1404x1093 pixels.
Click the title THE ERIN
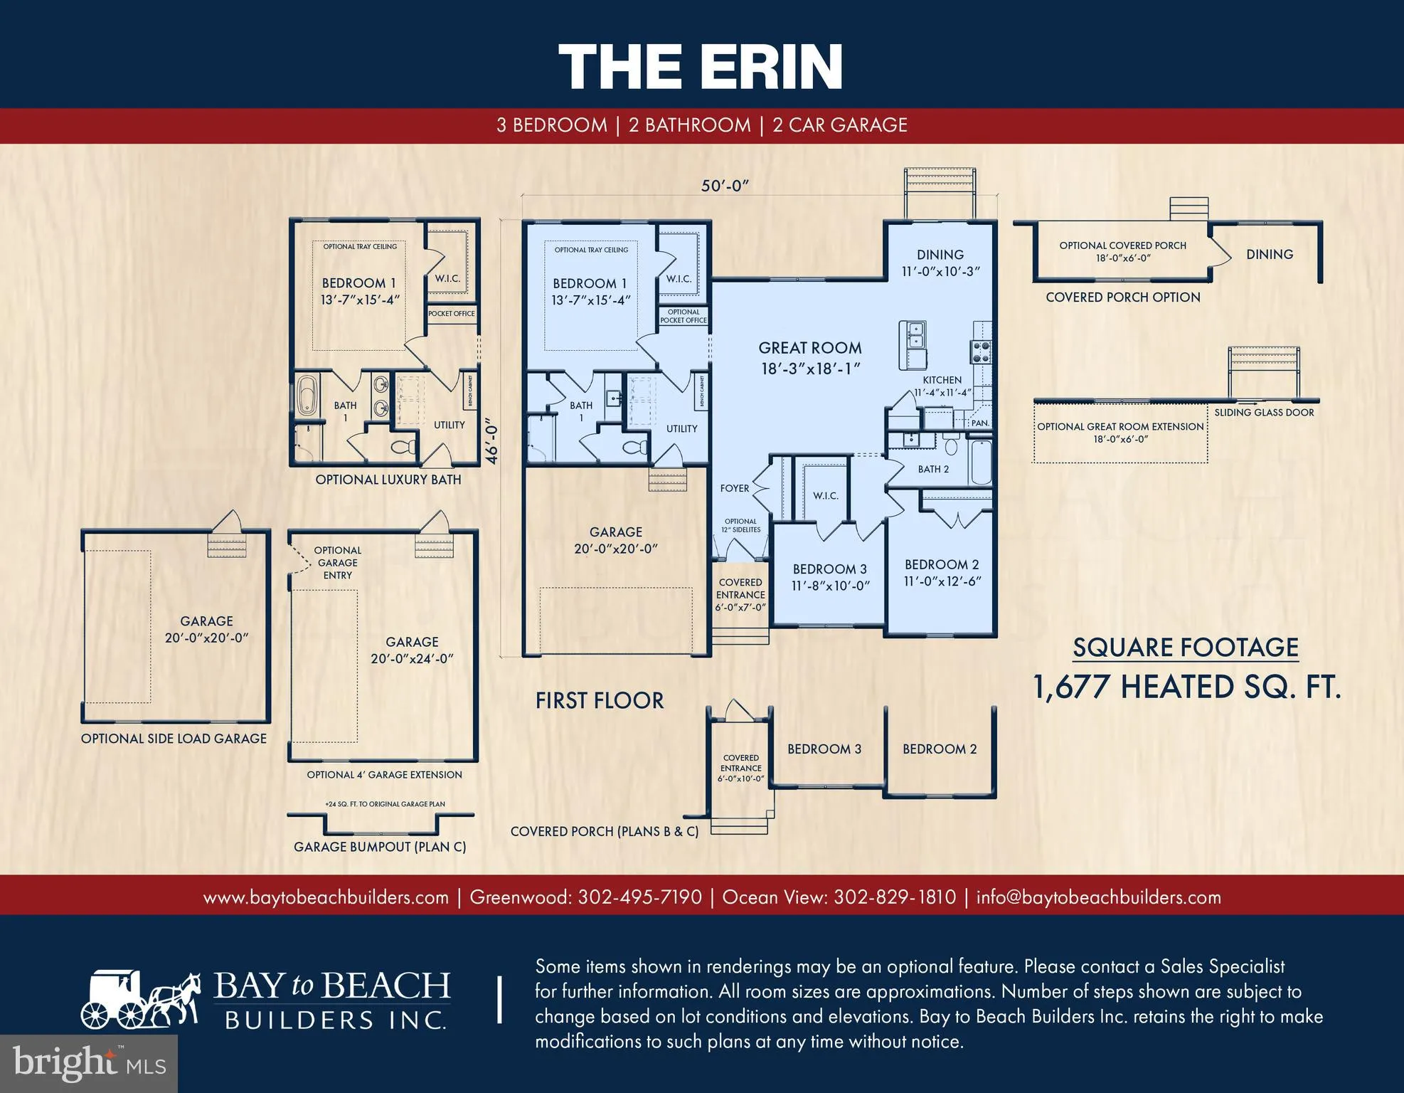(701, 65)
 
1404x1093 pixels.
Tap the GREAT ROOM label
(809, 348)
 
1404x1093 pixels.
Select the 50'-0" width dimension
(725, 186)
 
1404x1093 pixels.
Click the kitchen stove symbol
(981, 352)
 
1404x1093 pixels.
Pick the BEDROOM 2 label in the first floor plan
(942, 564)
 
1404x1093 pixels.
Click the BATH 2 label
(933, 469)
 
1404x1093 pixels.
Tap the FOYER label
(735, 488)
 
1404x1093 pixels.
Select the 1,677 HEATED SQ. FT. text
(1186, 687)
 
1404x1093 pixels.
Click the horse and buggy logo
(141, 1000)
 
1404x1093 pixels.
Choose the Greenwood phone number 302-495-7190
(639, 897)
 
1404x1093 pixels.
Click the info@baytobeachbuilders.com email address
(1098, 897)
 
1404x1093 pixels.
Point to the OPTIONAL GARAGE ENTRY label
(338, 562)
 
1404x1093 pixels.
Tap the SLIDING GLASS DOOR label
(1264, 412)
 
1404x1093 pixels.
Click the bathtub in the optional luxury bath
(307, 396)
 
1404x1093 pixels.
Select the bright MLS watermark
(89, 1062)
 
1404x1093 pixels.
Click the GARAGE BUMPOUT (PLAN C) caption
(380, 847)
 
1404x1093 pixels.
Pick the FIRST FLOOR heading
(600, 701)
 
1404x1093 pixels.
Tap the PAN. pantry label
(980, 423)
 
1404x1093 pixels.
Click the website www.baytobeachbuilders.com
(326, 897)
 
